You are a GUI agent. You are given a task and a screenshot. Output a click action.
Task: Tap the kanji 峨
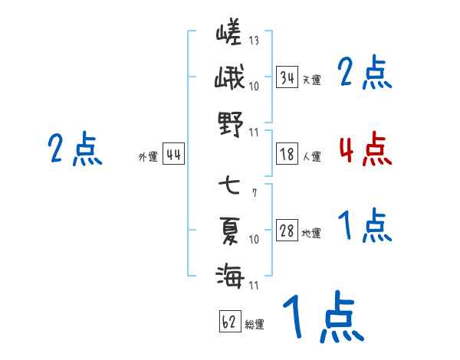coord(229,78)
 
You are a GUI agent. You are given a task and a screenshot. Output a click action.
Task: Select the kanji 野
coord(229,122)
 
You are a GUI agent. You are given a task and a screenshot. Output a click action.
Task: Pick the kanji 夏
coord(229,230)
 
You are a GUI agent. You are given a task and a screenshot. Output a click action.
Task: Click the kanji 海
coord(229,274)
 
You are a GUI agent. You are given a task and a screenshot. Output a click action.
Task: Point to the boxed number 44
coord(173,155)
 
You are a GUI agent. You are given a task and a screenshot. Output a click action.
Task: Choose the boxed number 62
coord(228,322)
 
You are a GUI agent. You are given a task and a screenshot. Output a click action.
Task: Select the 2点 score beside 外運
coord(74,149)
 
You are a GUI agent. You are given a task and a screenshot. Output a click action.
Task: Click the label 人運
coord(312,156)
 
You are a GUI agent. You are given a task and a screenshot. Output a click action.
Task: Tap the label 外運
coord(147,157)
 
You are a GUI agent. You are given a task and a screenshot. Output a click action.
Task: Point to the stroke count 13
coord(254,41)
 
